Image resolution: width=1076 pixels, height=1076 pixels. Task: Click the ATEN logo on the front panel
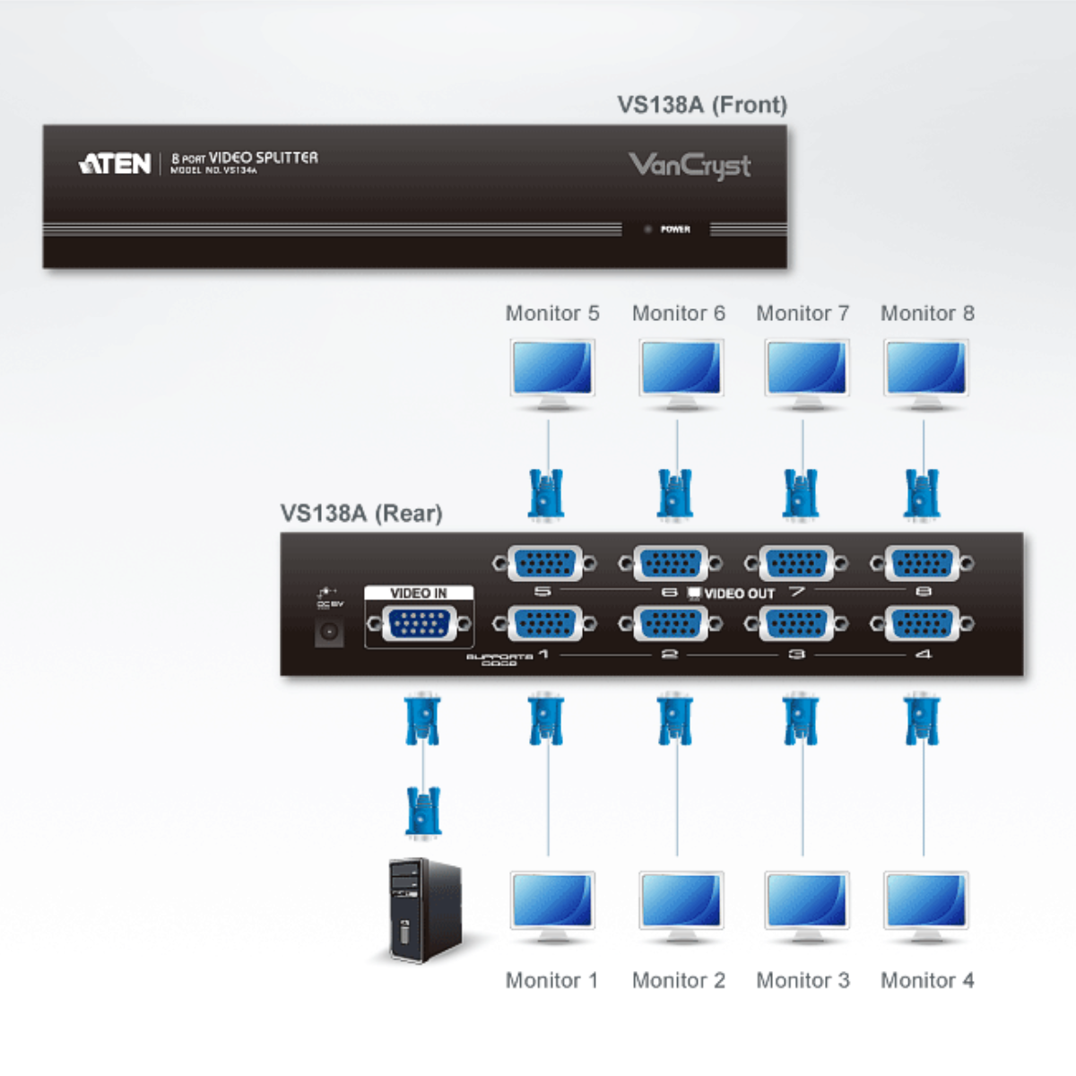tap(116, 163)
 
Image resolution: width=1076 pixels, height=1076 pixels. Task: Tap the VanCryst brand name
tap(690, 166)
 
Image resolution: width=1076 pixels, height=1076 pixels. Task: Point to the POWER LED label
tap(675, 230)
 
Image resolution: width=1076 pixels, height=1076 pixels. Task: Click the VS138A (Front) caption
tap(702, 105)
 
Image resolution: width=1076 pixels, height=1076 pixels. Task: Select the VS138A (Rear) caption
tap(361, 513)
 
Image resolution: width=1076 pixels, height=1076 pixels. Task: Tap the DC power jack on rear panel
tap(329, 632)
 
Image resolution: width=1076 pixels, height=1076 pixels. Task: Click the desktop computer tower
tap(424, 910)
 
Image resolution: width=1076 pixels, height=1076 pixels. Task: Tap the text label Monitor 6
tap(678, 313)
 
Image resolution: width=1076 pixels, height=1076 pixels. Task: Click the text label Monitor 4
tap(927, 980)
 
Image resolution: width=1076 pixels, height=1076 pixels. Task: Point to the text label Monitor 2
tap(678, 980)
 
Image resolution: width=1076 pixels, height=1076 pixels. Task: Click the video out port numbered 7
tap(796, 564)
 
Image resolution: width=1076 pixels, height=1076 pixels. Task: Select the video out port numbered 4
tap(922, 624)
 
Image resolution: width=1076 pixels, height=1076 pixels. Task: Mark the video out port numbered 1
tap(545, 624)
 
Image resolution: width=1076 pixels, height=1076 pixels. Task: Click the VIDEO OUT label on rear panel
tap(739, 594)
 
